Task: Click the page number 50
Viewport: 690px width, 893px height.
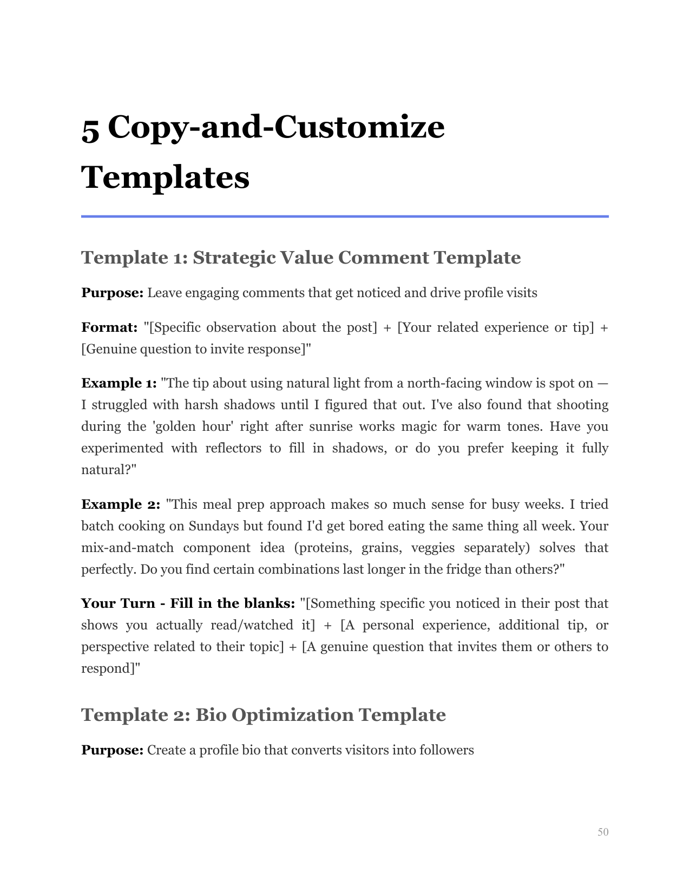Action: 603,832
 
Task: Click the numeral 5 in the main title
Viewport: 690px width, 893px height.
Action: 90,129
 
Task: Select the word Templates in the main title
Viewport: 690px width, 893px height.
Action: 165,177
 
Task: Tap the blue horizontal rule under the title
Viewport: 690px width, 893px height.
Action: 345,216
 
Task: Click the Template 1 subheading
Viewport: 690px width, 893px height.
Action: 300,258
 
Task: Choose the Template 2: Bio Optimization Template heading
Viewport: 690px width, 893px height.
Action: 263,715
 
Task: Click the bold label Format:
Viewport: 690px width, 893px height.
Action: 109,327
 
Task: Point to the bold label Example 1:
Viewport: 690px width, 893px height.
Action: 119,383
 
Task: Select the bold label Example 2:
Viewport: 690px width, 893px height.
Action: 121,504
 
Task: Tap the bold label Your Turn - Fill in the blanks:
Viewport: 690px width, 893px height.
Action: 188,603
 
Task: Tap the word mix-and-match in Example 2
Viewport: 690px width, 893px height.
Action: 127,548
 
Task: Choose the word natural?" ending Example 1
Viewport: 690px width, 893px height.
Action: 108,470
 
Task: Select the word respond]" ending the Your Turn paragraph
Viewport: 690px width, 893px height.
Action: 110,668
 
